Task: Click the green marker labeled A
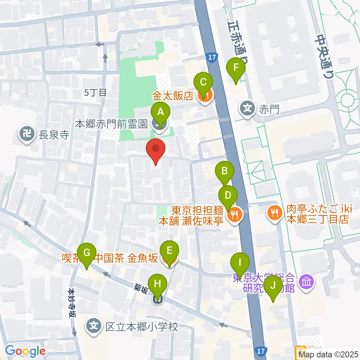click(x=160, y=111)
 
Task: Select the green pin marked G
click(x=87, y=252)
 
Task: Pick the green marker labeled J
click(x=273, y=286)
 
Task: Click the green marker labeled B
click(x=225, y=171)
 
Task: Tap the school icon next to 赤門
click(x=247, y=109)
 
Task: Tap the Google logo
click(x=25, y=351)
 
